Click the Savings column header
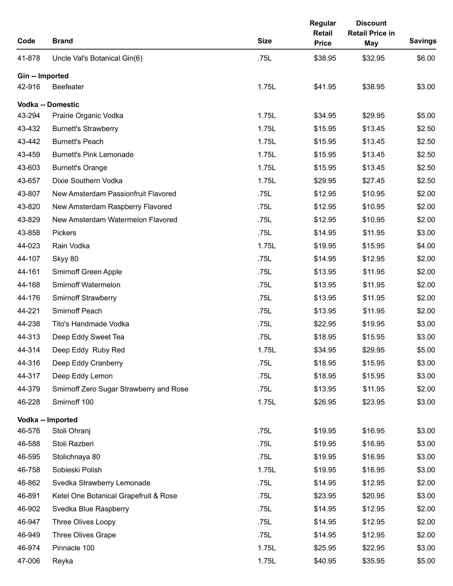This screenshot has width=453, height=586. point(422,41)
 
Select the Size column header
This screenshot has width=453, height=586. point(264,41)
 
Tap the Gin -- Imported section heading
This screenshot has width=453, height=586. point(43,76)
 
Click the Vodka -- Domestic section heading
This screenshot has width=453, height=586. point(48,104)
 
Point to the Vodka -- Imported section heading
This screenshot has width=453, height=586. point(47,420)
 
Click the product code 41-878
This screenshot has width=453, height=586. point(29,58)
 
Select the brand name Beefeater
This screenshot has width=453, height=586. point(68,87)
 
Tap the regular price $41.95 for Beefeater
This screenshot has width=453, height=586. point(325,87)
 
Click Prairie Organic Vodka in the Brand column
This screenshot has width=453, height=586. point(88,116)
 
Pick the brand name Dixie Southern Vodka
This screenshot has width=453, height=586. point(87,181)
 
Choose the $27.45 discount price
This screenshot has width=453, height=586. point(373,181)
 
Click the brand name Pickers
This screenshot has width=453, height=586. point(64,233)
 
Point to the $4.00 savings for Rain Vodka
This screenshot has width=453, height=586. point(426,246)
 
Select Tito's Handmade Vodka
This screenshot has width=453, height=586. point(91,324)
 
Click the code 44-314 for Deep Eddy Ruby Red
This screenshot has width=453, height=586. point(29,350)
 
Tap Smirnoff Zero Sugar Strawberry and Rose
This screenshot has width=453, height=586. point(120,389)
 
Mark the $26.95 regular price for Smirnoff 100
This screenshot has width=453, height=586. point(325,402)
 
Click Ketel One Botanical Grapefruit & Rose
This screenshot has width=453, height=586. point(114,496)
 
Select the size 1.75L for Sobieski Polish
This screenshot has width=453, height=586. point(266,470)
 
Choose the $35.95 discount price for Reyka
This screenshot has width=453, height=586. point(373,561)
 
